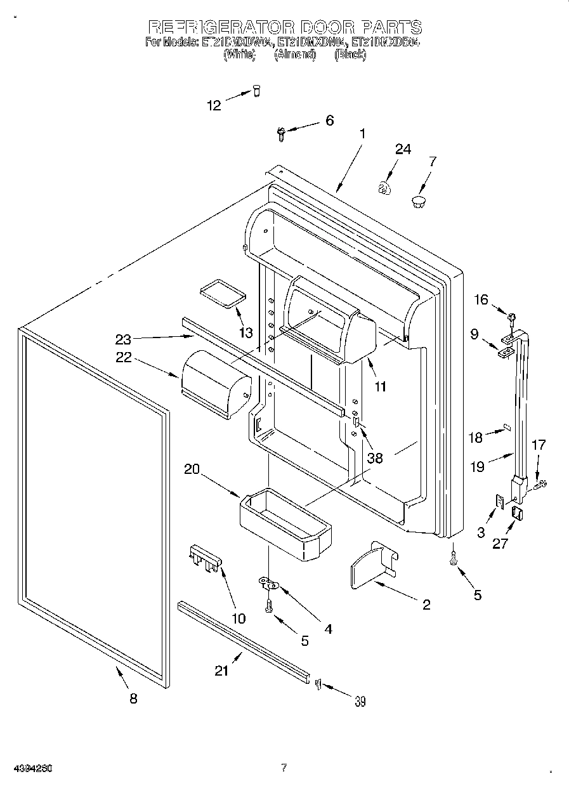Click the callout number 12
tap(214, 105)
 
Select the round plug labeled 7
tap(417, 202)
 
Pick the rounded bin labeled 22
tap(214, 384)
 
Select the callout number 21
tap(221, 671)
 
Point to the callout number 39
tap(360, 701)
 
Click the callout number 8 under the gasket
tap(133, 698)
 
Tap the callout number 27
tap(500, 544)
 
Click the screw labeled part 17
tap(540, 486)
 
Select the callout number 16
tap(481, 299)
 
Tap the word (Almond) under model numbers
tap(295, 55)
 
